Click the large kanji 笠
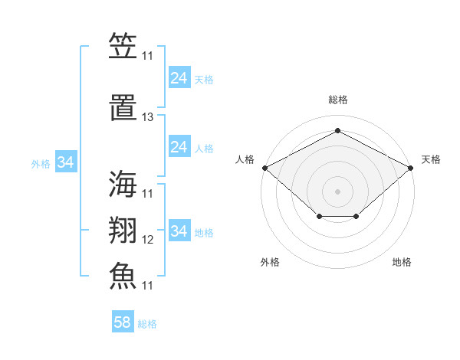123,45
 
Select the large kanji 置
123,107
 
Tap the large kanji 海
123,184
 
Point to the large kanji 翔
123,230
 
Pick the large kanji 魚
123,276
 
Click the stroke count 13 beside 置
147,117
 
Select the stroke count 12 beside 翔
147,240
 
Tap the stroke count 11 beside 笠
147,56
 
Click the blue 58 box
123,321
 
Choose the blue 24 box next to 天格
179,77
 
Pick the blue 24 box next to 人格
179,146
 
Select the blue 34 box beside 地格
179,230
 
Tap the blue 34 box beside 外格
66,162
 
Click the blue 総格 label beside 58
147,324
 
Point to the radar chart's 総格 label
338,100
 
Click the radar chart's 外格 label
270,262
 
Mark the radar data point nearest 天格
410,168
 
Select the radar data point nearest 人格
265,168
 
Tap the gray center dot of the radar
337,191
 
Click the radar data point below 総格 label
337,130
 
